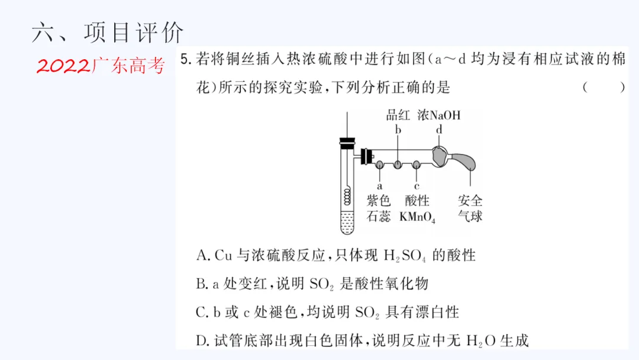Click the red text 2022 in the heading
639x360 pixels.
click(x=63, y=66)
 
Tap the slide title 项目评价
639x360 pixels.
click(x=134, y=33)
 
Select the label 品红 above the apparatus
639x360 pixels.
click(x=398, y=115)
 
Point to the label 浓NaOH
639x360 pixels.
click(x=439, y=115)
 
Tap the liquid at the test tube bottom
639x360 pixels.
click(x=346, y=224)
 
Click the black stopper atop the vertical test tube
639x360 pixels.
click(x=346, y=143)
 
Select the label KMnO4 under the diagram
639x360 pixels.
click(x=417, y=217)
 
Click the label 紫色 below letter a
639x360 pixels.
click(x=379, y=201)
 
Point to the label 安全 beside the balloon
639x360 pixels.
click(x=470, y=201)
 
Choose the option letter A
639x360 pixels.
click(x=202, y=256)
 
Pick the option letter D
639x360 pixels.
click(x=202, y=340)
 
